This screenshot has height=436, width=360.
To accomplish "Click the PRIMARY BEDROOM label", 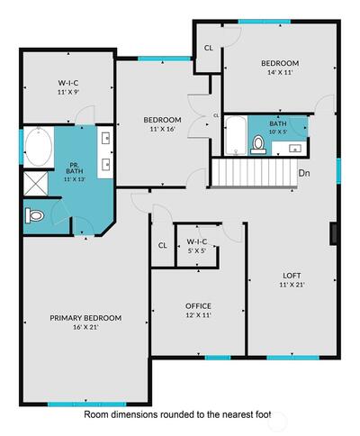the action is click(x=85, y=318).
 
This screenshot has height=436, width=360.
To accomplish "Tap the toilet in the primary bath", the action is click(x=34, y=215).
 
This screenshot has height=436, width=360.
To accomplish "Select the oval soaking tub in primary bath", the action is click(x=39, y=147).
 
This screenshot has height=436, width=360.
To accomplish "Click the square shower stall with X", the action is click(x=36, y=184).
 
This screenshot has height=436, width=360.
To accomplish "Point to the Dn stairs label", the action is click(x=304, y=173).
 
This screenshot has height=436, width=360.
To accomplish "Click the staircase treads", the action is click(x=255, y=172).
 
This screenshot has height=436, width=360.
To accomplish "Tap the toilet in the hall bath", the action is click(x=258, y=144).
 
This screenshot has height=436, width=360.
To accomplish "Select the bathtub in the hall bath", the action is click(x=236, y=136).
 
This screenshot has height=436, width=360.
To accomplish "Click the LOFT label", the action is click(x=292, y=276).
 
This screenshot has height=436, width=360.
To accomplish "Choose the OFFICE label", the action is click(x=198, y=306).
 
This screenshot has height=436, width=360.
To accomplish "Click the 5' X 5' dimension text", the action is click(x=197, y=250).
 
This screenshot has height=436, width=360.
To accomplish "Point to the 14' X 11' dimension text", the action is click(x=280, y=72).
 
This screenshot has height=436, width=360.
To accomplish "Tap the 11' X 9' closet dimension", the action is click(x=68, y=92).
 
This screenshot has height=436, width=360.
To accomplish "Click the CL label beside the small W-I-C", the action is click(x=163, y=246).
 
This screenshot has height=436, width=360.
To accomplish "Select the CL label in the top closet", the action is click(x=209, y=48).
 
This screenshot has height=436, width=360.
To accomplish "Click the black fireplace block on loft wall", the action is click(x=333, y=233).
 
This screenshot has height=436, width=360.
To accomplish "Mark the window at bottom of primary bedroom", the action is click(x=87, y=404).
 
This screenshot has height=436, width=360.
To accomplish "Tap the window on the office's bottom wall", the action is click(x=218, y=358).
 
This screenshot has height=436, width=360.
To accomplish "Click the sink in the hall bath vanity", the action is click(x=295, y=149).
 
